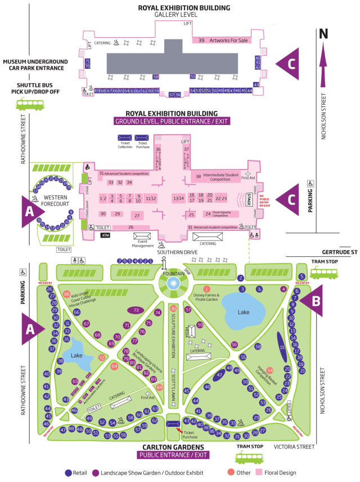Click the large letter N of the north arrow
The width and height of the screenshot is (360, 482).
pyautogui.click(x=323, y=34)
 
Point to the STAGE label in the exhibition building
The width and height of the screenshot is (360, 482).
pyautogui.click(x=249, y=199)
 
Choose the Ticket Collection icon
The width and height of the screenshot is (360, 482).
pyautogui.click(x=125, y=137)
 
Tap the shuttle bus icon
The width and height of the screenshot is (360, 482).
pyautogui.click(x=27, y=104)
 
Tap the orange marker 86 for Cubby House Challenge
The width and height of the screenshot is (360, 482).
pyautogui.click(x=66, y=294)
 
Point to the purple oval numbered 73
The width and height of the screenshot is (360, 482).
pyautogui.click(x=137, y=310)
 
